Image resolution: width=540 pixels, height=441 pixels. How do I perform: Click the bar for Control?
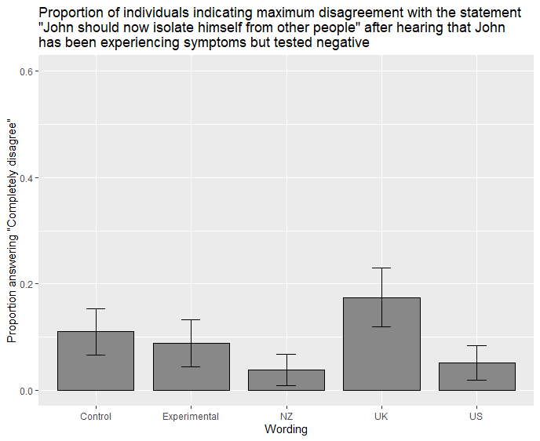[96, 361]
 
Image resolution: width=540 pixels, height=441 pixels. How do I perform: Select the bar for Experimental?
[191, 367]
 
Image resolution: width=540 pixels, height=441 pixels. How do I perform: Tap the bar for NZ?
[286, 380]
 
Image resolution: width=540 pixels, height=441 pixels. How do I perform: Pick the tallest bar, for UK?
[381, 344]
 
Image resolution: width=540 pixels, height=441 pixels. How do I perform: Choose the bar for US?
[476, 377]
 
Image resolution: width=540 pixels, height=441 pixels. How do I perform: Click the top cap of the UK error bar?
[381, 268]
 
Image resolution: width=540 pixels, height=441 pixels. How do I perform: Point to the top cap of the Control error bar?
[96, 309]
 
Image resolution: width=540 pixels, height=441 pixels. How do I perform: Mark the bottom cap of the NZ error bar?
[286, 385]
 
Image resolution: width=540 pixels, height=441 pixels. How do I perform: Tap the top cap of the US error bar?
[476, 345]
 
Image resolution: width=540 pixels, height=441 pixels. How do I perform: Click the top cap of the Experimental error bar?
[191, 319]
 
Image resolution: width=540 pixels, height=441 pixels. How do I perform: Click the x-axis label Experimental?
[191, 416]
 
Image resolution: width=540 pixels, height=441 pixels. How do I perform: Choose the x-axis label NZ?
[286, 416]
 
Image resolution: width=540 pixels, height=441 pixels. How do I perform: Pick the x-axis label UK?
[381, 416]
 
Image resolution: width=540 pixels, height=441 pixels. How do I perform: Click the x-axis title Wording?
[286, 429]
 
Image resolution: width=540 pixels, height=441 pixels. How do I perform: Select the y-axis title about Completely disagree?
[12, 231]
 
